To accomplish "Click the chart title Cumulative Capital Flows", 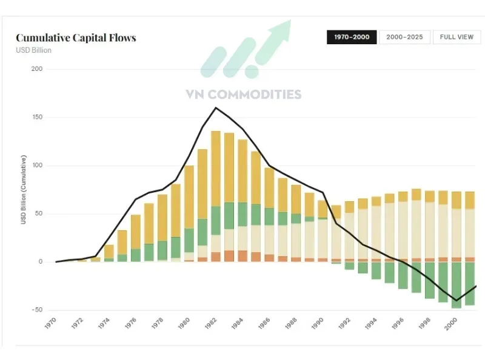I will pos(76,38).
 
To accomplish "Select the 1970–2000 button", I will pos(352,37).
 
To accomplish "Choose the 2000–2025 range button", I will pos(404,37).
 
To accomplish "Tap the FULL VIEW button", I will pos(457,37).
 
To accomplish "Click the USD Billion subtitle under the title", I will pos(33,50).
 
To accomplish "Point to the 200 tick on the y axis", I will pos(37,69).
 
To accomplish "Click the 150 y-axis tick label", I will pos(37,118).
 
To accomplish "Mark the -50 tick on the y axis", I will pos(36,310).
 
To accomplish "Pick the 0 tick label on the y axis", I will pos(41,262).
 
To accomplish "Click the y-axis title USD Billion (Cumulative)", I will pos(24,190).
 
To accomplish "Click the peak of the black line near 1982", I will pos(216,108).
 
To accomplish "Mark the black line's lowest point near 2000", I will pos(456,300).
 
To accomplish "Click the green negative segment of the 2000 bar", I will pos(456,285).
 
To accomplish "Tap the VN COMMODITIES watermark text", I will pos(243,95).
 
